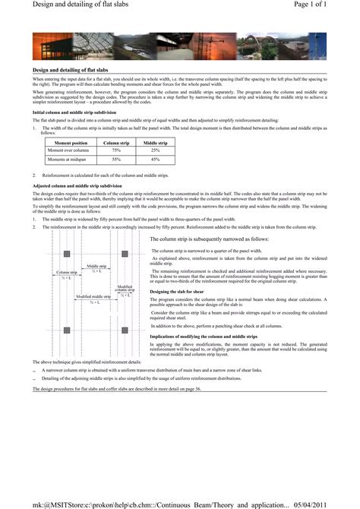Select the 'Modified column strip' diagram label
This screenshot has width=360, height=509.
tap(125, 288)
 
